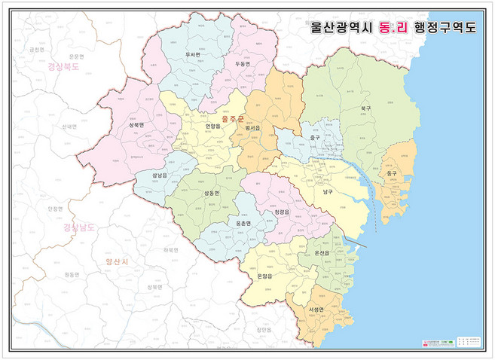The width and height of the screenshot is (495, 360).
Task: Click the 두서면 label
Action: coord(192,55)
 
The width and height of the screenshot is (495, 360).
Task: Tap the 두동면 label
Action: coord(243,65)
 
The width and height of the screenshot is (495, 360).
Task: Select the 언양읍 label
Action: coord(213,127)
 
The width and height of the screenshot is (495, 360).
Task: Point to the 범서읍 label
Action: coord(252,129)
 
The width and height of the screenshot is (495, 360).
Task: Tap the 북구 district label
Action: coord(365,108)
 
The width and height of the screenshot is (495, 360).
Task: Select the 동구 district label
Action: coord(391,174)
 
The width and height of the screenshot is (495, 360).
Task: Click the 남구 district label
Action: coord(328,192)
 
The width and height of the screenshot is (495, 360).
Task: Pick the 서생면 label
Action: coord(316,310)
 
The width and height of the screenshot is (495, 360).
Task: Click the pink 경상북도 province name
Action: coord(63,66)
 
